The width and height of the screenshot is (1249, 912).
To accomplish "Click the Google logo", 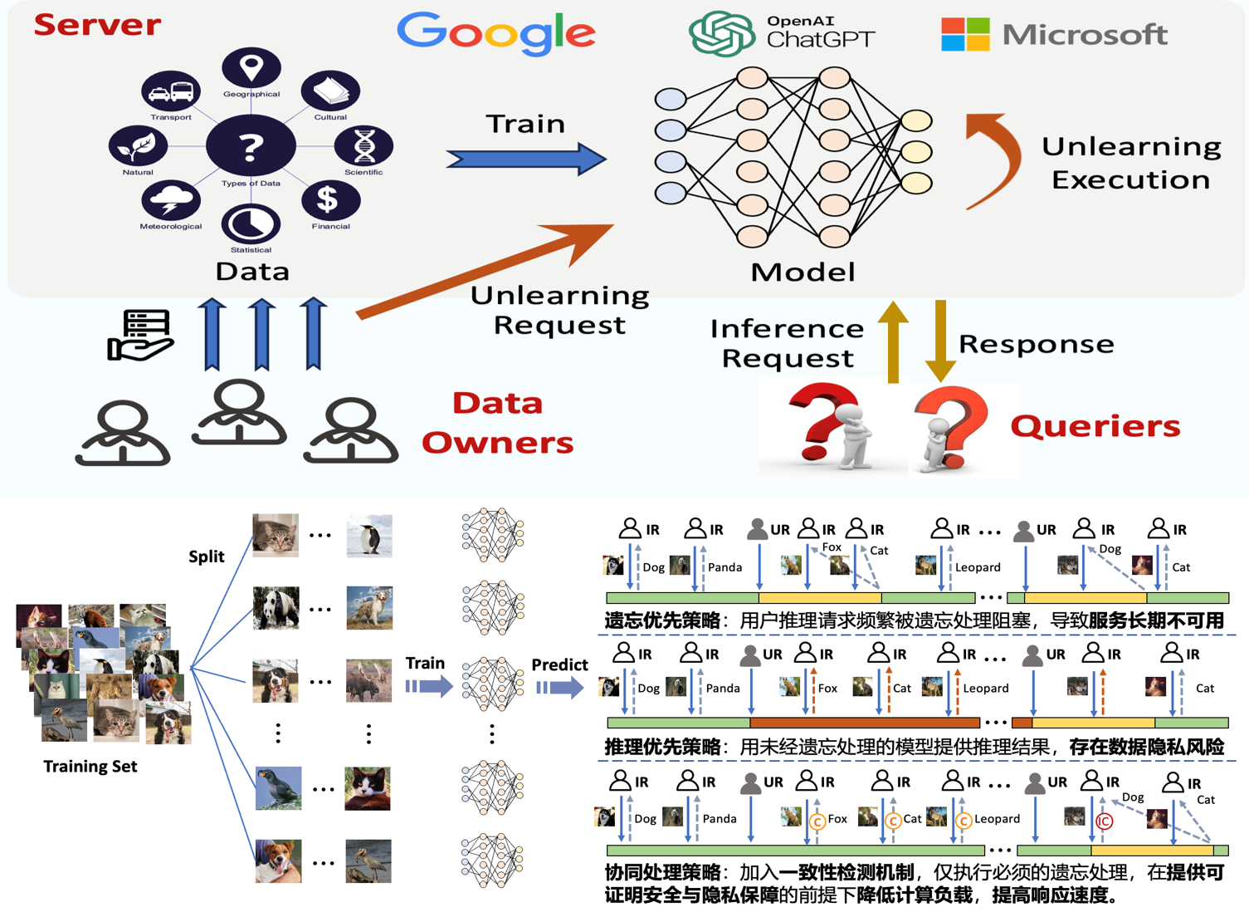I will tap(495, 33).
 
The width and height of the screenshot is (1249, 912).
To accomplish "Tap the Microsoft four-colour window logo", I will tap(965, 34).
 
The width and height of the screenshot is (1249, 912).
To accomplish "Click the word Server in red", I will tap(97, 25).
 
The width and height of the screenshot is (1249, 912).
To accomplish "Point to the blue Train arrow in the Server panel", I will tap(526, 159).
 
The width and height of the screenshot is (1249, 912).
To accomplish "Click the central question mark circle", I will tap(251, 146).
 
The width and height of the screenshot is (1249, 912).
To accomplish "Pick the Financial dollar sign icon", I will tap(330, 199).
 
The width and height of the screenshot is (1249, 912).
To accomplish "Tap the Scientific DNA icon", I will tap(363, 146).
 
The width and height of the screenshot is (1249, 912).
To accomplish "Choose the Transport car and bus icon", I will tap(171, 91).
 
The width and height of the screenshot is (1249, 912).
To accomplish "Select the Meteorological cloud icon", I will tap(171, 200).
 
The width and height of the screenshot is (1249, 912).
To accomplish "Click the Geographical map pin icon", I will tap(251, 67).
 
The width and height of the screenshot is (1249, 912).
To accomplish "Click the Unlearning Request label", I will tap(560, 310).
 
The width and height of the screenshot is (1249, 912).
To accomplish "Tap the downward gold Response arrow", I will tap(940, 340).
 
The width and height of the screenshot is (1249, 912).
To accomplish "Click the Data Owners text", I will tap(497, 423).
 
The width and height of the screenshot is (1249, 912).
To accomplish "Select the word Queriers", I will tap(1095, 426).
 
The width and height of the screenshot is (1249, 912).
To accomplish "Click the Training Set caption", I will tap(90, 766).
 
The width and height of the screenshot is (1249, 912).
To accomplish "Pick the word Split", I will tap(206, 557).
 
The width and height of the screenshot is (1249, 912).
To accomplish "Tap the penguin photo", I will tap(369, 536).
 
